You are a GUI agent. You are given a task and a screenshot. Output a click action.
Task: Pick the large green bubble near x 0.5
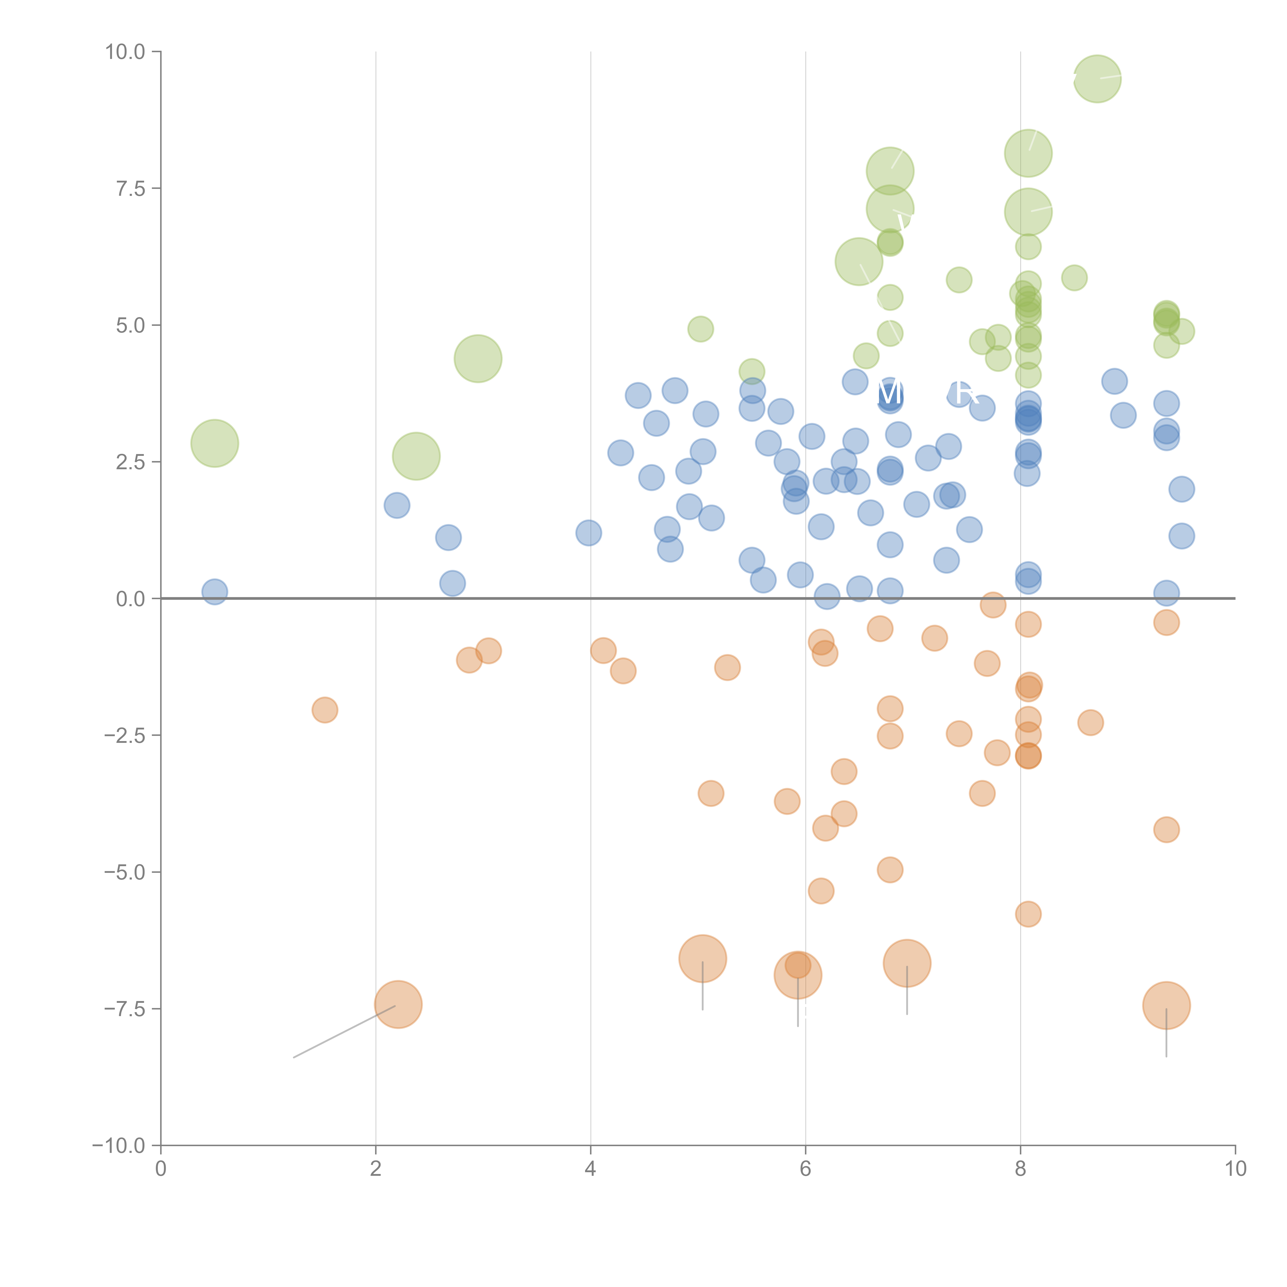pyautogui.click(x=214, y=443)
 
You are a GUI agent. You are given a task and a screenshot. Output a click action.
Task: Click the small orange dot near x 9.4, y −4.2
pyautogui.click(x=1166, y=829)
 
